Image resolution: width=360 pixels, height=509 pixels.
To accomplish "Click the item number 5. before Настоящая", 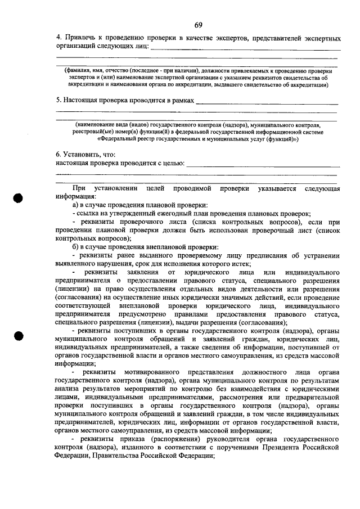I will pos(58,101).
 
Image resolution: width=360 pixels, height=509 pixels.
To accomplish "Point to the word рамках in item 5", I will pos(180,101).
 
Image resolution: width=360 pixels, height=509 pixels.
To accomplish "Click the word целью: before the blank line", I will pos(170,163).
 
